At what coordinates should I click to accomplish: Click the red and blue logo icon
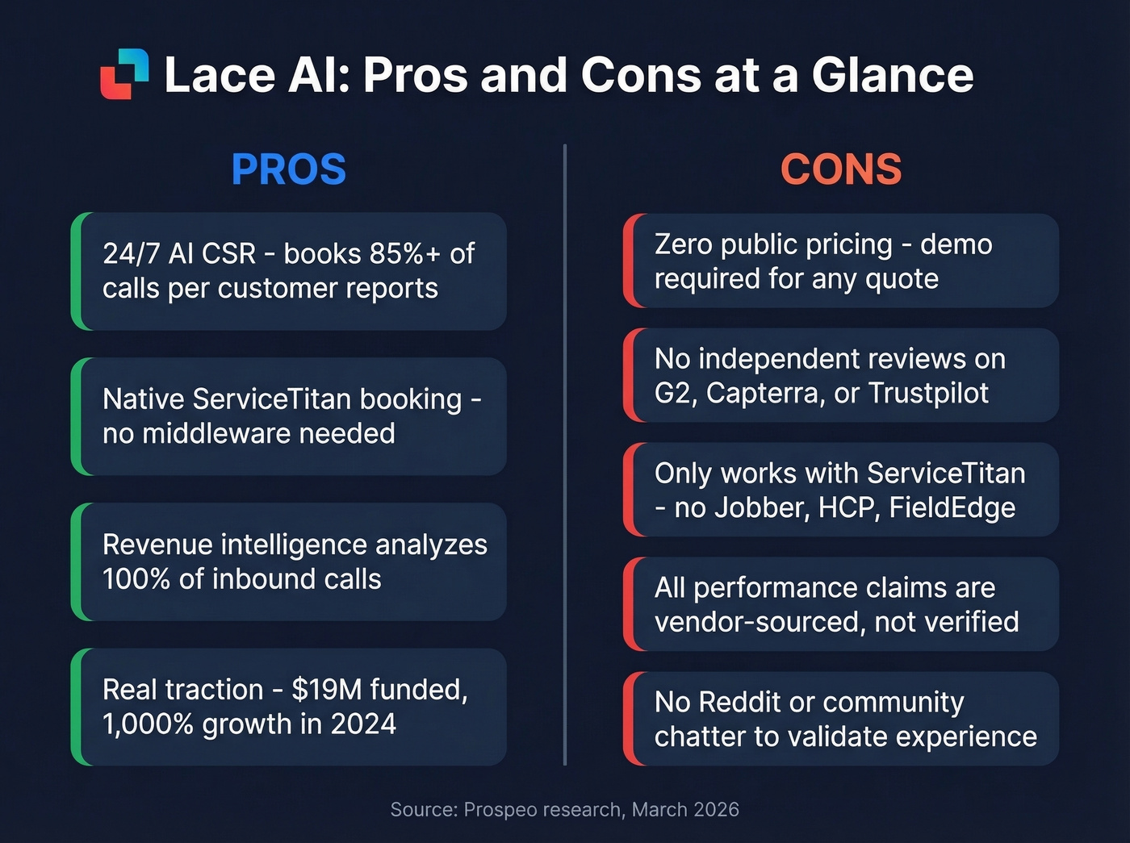pos(124,74)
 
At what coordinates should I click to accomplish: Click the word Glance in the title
pos(893,75)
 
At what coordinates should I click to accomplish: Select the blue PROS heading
pos(288,169)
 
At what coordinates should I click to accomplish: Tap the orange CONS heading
pos(840,169)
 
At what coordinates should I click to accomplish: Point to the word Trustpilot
pos(928,394)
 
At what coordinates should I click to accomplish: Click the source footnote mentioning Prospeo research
pos(564,809)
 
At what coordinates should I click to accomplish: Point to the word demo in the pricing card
pos(956,244)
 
